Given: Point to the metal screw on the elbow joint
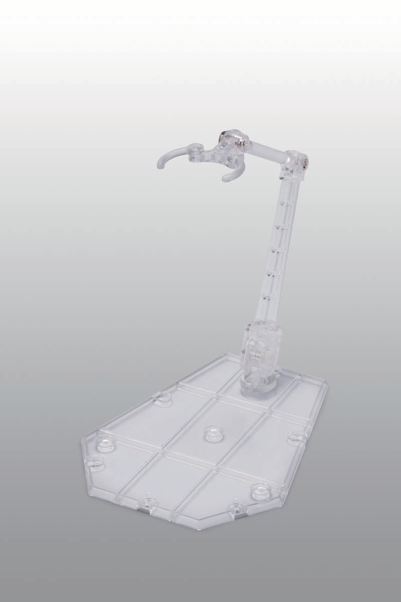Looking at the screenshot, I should pyautogui.click(x=304, y=163).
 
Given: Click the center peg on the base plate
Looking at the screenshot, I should pyautogui.click(x=212, y=432).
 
